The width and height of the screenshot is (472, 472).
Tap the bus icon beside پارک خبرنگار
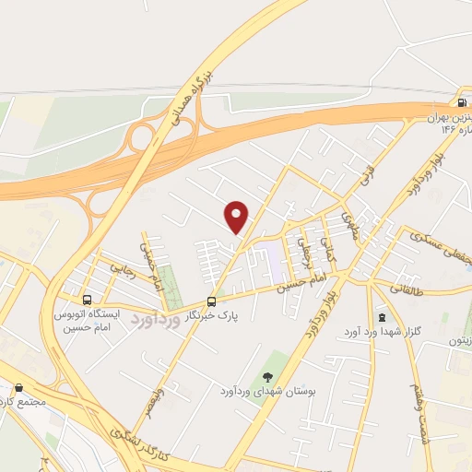(212, 301)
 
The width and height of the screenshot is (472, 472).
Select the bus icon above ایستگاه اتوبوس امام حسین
(88, 300)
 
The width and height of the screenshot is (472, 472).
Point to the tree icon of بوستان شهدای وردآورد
(267, 375)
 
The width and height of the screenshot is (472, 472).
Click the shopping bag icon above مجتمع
(19, 388)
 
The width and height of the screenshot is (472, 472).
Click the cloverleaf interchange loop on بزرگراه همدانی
(142, 138)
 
